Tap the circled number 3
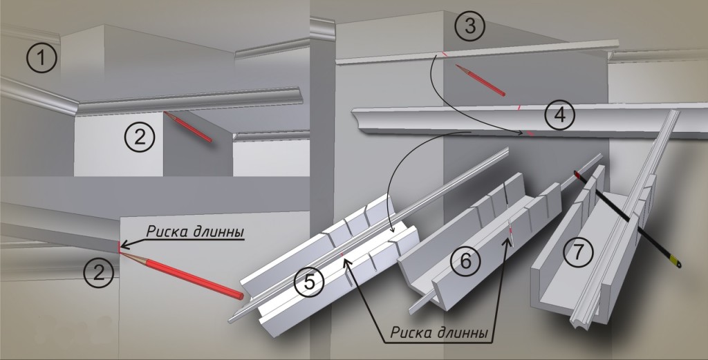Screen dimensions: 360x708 [469, 27]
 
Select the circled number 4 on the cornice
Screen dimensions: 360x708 [559, 115]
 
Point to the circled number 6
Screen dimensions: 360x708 [464, 260]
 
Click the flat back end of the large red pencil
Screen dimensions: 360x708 [239, 296]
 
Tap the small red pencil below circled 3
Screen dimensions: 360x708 [481, 79]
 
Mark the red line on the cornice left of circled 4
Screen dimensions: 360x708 [518, 108]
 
